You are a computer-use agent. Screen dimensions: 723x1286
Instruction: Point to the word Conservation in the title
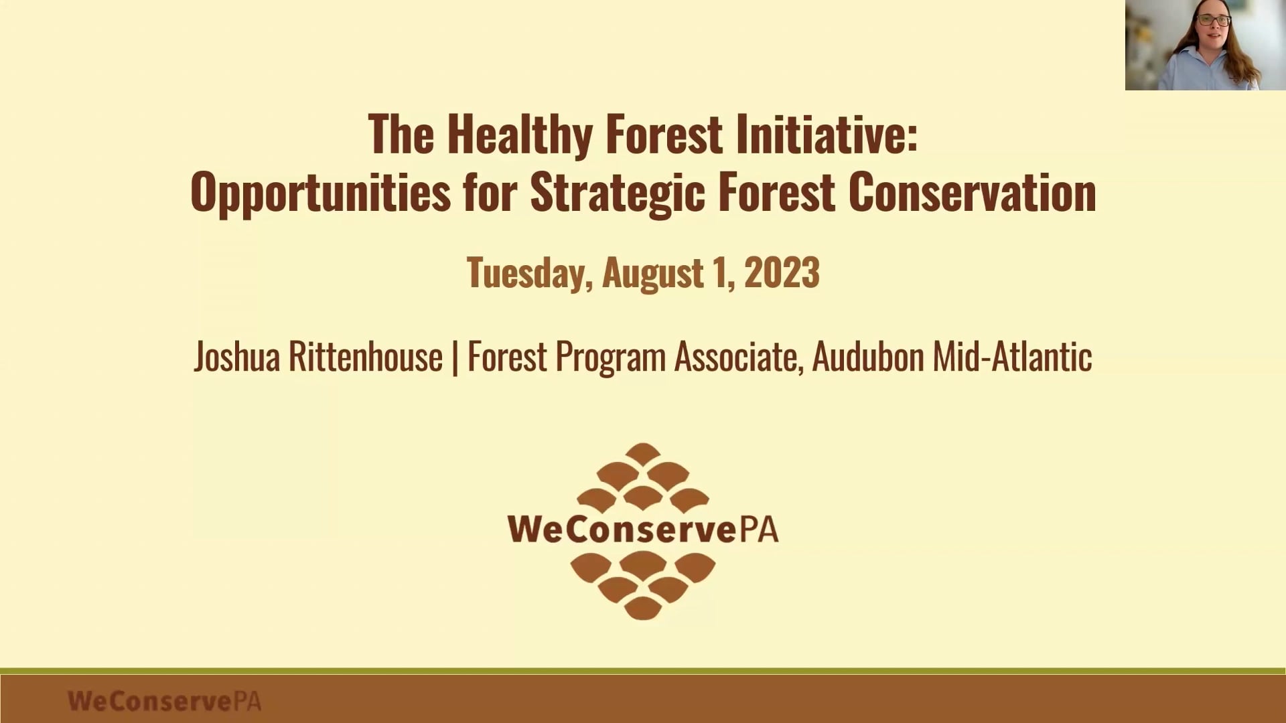point(972,193)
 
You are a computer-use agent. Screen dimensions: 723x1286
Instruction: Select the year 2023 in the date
point(782,273)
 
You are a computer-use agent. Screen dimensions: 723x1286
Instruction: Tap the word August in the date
point(653,274)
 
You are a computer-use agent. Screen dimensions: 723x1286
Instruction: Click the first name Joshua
point(236,357)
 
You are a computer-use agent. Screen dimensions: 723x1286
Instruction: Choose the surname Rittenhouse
point(365,357)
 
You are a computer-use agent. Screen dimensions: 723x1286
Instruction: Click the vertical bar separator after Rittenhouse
point(455,357)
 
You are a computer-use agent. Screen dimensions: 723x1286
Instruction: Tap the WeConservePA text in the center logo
point(643,529)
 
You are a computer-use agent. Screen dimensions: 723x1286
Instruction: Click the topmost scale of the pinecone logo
point(643,453)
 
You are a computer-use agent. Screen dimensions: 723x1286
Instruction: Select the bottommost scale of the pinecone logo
point(643,608)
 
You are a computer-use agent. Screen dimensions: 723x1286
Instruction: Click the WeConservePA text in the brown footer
point(164,701)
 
